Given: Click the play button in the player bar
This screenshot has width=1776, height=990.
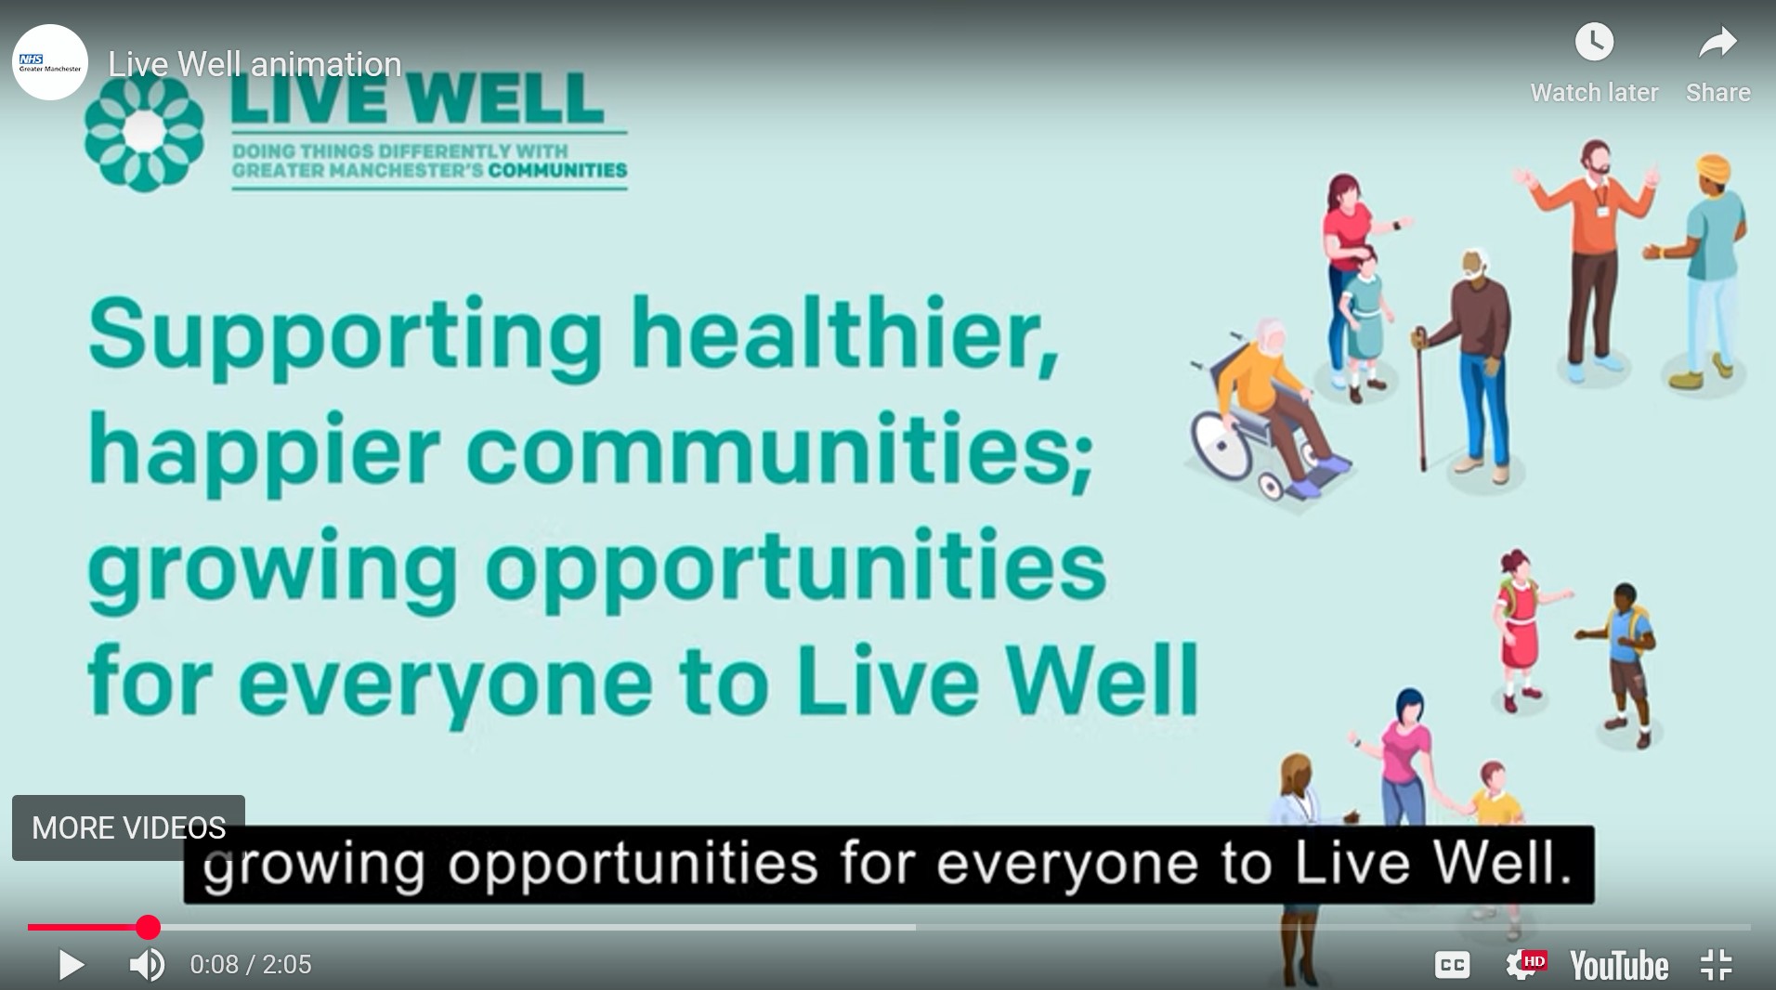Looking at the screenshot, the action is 71,965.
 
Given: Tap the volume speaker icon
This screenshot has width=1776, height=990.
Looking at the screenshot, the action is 147,965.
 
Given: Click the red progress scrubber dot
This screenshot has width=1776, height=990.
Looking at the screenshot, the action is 148,927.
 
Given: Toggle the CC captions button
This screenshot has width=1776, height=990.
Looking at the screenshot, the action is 1452,965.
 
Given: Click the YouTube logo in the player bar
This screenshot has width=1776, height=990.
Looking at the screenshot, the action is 1619,966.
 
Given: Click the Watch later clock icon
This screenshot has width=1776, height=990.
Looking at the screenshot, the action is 1594,43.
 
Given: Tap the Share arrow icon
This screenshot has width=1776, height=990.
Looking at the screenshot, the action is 1717,43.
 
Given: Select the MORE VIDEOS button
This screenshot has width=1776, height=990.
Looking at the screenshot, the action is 128,827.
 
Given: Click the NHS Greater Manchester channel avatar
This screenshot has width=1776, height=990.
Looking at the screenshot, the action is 50,62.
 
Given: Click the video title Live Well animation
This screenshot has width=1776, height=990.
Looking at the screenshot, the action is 255,64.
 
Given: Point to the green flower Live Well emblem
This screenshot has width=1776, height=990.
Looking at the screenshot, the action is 144,133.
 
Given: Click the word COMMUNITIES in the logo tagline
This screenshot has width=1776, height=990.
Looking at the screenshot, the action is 557,170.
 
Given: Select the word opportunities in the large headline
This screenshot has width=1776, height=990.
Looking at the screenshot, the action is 795,570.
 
